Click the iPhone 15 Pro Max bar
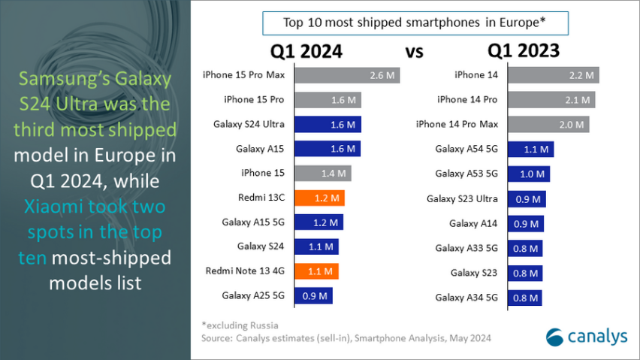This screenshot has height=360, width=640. click(347, 75)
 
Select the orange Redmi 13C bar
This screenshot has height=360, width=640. click(319, 198)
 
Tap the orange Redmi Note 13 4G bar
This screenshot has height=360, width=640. click(316, 271)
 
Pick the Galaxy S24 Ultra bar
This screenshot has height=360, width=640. click(328, 125)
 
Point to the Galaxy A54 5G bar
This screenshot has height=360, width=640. click(531, 150)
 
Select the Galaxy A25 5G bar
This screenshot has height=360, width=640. click(313, 296)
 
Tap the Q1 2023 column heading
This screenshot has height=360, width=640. click(523, 51)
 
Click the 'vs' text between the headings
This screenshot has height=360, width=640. click(415, 53)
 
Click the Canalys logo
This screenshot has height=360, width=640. click(585, 337)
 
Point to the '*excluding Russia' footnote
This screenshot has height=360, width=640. click(240, 325)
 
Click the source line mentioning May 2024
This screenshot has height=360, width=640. click(346, 338)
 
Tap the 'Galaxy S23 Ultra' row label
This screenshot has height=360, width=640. click(463, 198)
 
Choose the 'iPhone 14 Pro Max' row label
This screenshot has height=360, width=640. click(457, 125)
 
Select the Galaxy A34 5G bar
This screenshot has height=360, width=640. click(524, 297)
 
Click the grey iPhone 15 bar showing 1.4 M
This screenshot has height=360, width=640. click(322, 174)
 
